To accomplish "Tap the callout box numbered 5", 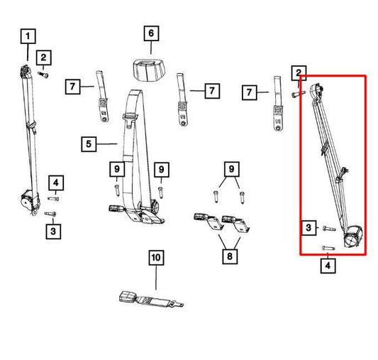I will (x=89, y=145).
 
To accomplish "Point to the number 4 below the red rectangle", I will (x=327, y=267).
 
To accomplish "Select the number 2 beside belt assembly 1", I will (x=43, y=58).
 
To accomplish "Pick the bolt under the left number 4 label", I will (x=55, y=198).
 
